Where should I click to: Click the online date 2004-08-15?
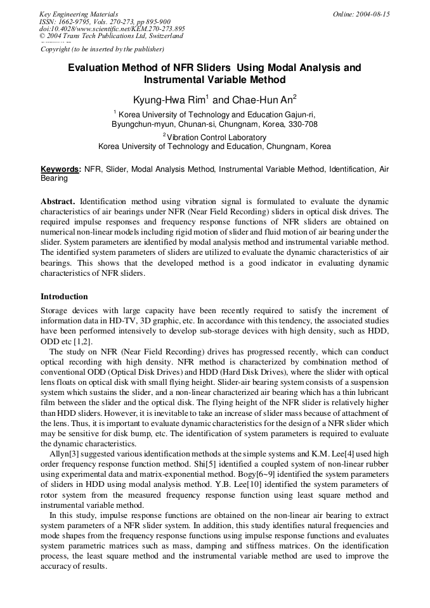tap(370, 14)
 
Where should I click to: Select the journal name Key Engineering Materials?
tap(79, 14)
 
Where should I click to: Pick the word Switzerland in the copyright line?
tap(164, 36)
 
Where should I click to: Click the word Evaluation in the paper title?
tap(97, 67)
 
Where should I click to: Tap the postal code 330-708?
tap(303, 124)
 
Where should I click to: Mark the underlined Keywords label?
tap(60, 170)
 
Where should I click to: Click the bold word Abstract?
tap(58, 200)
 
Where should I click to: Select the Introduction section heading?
tap(64, 296)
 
